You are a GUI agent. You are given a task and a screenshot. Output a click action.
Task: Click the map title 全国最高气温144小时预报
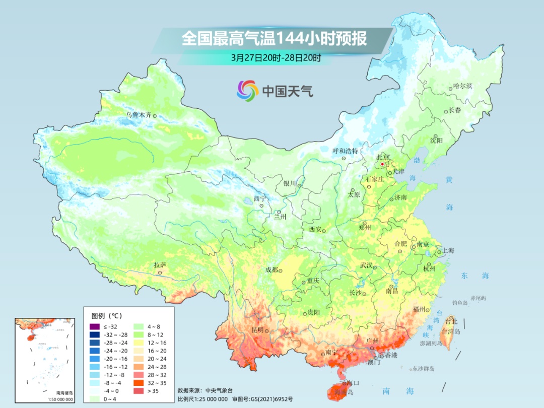pos(274,39)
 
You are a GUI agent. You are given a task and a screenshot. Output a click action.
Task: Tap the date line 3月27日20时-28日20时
pos(276,57)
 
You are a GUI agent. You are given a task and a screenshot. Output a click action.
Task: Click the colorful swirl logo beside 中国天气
pos(247,91)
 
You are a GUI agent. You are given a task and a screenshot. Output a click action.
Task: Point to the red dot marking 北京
pos(382,164)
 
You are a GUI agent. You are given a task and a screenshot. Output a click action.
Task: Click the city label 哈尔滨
pos(462,86)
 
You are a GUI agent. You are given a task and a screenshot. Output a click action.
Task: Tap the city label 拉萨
pos(160,265)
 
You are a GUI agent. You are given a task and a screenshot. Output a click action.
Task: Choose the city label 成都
pos(271,270)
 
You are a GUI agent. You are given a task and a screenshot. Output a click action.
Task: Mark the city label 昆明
pos(257,330)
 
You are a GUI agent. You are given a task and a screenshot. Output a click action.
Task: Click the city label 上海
pos(448,251)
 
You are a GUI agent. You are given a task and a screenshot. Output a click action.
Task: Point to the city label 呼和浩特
pos(345,151)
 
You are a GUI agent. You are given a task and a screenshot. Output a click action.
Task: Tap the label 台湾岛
pos(451,331)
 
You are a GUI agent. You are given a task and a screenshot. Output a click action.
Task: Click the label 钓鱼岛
pos(460,302)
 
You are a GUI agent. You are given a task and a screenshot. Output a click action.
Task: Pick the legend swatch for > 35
pos(139,390)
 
